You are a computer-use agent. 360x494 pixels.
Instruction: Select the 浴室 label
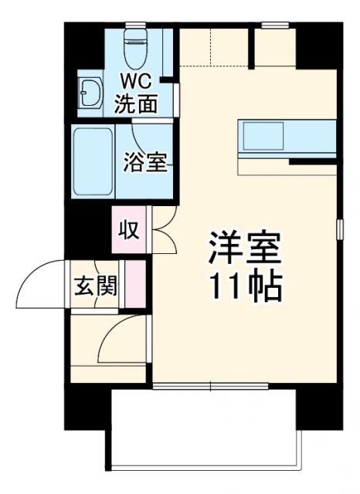[x=145, y=163]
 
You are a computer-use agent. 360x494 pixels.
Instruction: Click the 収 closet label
[x=127, y=229]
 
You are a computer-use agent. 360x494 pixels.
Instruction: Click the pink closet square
[x=127, y=229]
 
